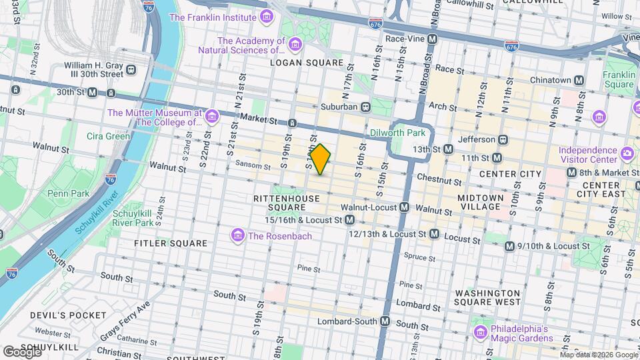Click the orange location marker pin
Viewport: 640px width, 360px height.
(320, 159)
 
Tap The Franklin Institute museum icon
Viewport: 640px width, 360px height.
(267, 17)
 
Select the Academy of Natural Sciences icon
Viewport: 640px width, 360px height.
(295, 45)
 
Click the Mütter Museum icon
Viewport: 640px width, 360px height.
(212, 118)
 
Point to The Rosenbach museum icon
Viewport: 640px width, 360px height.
(237, 235)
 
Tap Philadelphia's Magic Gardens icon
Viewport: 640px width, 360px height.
(480, 332)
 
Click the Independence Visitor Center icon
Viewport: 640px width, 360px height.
(627, 155)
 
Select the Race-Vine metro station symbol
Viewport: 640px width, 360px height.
(433, 39)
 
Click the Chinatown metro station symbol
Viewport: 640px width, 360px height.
(579, 80)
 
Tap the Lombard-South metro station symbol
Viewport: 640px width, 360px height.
(385, 321)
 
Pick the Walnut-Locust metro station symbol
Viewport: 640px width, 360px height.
(404, 207)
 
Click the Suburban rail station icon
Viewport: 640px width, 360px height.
(365, 107)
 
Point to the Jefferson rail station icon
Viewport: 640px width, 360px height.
(504, 139)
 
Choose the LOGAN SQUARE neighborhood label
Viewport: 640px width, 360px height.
(306, 63)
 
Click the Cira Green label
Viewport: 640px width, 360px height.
(108, 136)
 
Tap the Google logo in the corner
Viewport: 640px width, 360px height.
(21, 351)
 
